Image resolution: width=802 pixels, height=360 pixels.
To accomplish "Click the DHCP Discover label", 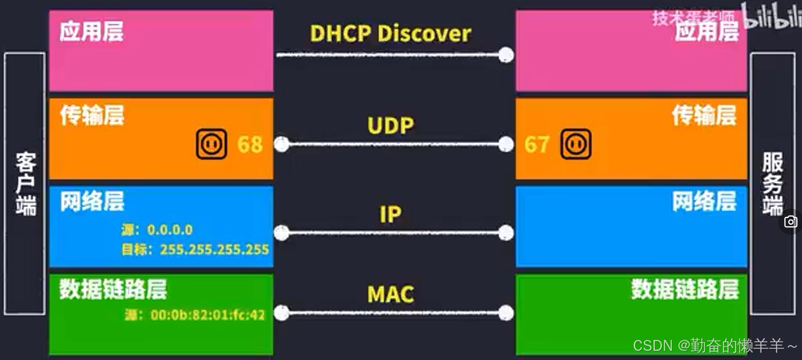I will pos(390,34).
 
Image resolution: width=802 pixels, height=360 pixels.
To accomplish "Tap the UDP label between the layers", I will pos(391,126).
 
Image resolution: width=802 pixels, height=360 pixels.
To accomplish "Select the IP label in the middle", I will pos(391,214).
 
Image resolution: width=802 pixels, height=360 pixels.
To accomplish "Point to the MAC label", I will pos(391,295).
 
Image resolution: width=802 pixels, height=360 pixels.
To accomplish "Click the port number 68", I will pos(250,145).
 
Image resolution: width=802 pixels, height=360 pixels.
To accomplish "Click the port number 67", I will pos(536,145).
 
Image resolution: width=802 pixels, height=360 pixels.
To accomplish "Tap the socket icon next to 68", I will pos(211,144).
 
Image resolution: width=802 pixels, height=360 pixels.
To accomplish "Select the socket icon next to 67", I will pos(576,144).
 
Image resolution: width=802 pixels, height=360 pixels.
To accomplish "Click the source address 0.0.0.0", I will pos(170,229).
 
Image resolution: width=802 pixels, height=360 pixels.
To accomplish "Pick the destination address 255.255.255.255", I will pos(215,249).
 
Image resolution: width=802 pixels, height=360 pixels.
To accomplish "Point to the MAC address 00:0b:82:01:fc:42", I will pos(207,315).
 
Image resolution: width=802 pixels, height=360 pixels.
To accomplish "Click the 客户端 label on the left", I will pos(25,184).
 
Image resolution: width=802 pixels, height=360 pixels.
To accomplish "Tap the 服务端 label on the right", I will pos(773,184).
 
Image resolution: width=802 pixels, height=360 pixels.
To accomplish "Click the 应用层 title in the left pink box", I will pos(91,32).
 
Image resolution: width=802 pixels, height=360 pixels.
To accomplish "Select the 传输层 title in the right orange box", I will pos(704,115).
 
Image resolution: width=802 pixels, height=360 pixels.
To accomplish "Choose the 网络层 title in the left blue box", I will pos(92,202).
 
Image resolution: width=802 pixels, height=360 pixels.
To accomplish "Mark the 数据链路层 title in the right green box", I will pos(685,289).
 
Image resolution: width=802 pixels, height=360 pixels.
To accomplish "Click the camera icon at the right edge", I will pos(791,222).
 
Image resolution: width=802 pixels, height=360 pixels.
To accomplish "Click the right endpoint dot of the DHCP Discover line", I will pos(506,55).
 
